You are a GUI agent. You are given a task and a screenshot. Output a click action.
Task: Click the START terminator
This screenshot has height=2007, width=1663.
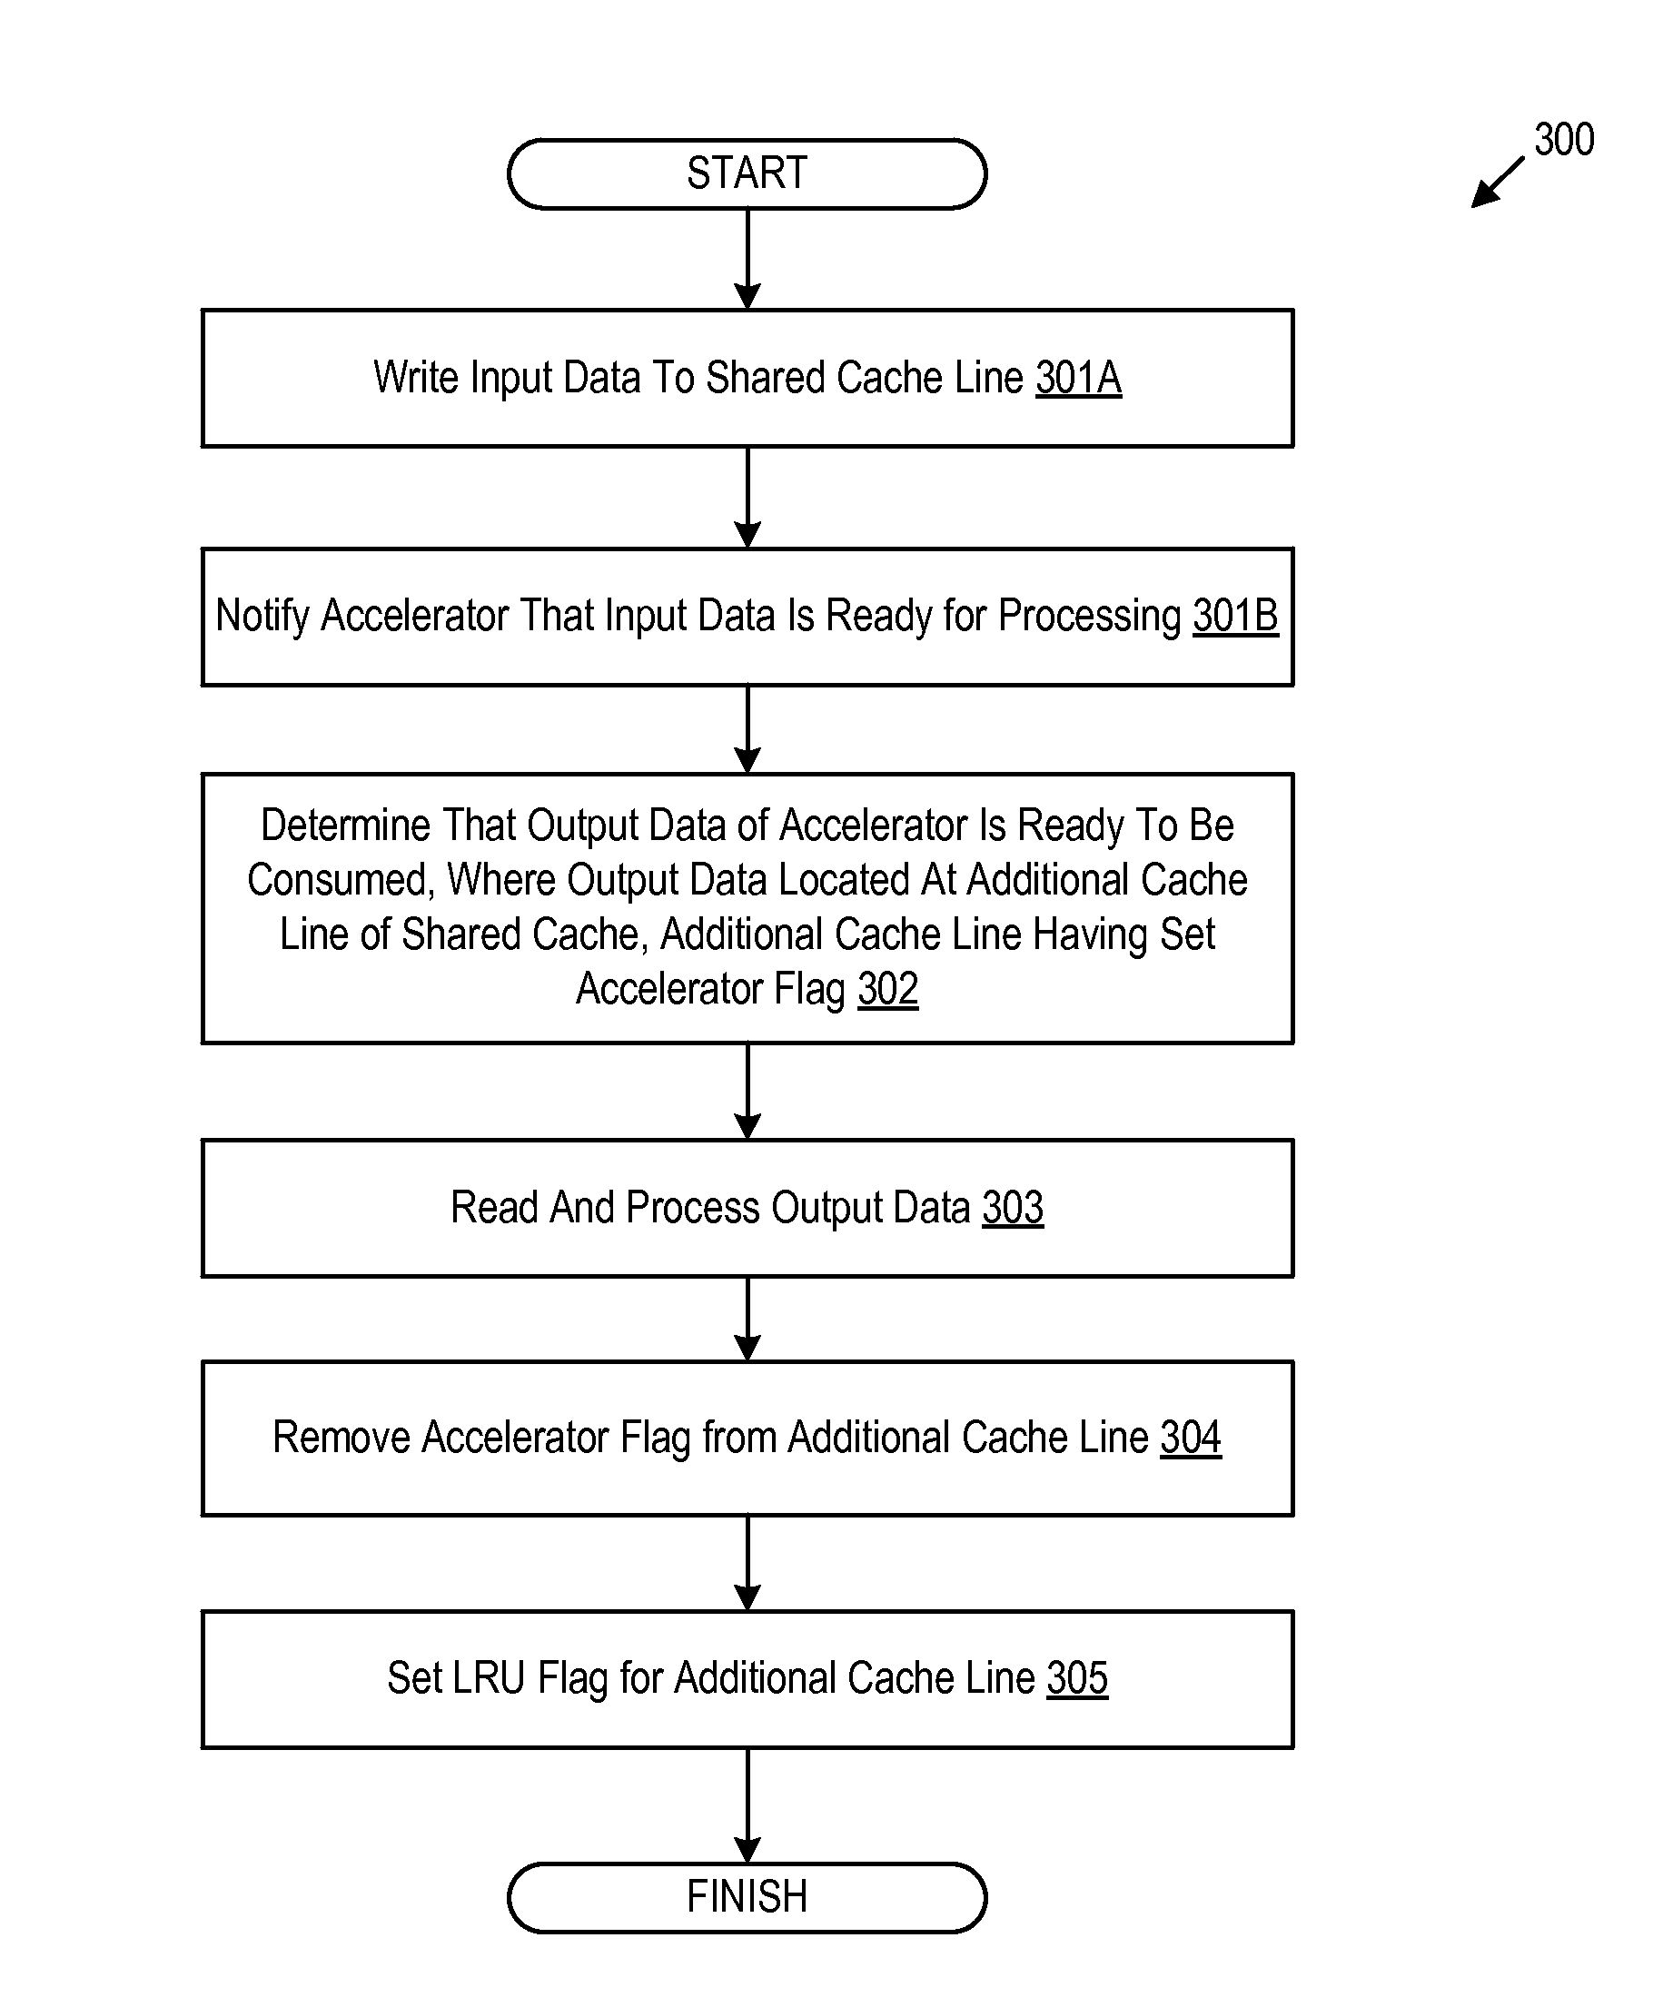point(747,174)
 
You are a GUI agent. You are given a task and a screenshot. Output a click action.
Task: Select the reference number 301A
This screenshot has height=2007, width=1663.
point(1078,378)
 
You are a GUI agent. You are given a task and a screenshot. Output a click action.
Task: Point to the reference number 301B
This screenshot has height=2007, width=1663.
point(1235,616)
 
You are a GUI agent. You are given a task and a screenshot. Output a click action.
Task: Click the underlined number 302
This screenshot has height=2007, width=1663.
point(888,989)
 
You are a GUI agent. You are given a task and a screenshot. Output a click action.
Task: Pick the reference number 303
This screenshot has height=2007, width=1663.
point(1013,1208)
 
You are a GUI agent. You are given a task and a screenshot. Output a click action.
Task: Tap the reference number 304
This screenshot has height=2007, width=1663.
point(1191,1438)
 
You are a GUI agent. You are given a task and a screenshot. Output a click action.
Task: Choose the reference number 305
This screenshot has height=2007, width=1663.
point(1077,1678)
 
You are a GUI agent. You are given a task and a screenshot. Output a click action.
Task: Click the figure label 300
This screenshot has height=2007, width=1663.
point(1564,140)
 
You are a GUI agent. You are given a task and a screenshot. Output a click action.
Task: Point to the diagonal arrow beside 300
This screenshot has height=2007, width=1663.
point(1497,183)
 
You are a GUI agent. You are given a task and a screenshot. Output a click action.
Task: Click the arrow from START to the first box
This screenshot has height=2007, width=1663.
point(747,259)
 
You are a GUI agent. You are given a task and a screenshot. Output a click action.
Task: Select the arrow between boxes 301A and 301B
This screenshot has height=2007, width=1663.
point(747,497)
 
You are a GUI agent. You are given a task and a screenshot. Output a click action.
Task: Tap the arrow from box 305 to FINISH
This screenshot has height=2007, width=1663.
point(747,1805)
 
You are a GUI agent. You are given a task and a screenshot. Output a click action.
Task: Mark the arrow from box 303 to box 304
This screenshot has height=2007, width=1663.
point(747,1319)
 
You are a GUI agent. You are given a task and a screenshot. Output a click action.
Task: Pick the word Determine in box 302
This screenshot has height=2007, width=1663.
point(346,826)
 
